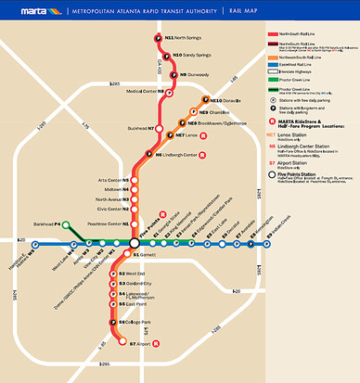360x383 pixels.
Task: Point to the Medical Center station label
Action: [x=146, y=91]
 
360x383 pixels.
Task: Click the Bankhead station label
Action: [x=47, y=223]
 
